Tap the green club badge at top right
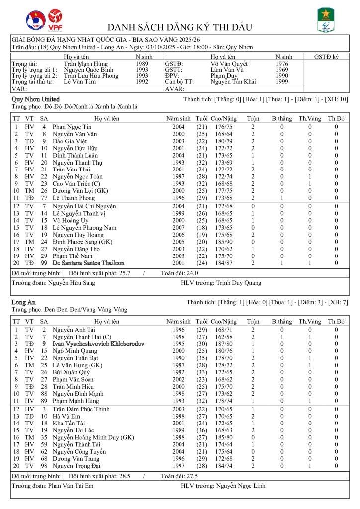tap(326, 20)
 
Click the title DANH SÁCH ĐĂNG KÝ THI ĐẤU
tap(180, 27)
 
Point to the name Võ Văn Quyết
tap(229, 64)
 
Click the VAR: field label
tap(19, 89)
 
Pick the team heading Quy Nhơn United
tap(35, 99)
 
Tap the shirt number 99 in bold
tap(44, 263)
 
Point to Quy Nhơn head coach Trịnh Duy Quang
tap(239, 283)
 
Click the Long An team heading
tap(23, 302)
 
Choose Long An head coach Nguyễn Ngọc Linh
tap(240, 485)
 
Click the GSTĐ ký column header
tap(326, 57)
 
